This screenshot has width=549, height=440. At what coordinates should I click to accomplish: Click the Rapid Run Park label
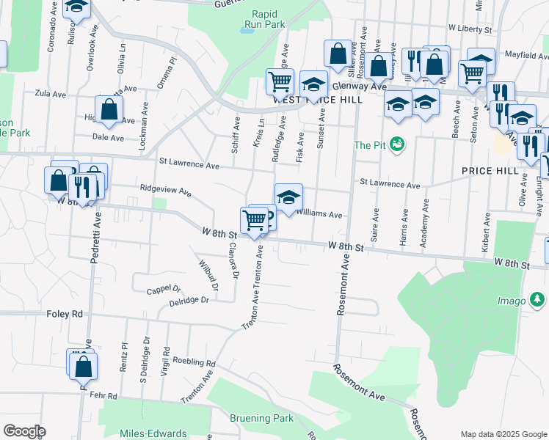268,19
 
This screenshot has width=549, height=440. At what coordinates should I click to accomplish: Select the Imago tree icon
538,300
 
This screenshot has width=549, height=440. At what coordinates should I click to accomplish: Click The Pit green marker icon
397,144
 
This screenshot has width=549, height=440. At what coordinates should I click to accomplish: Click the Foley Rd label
66,314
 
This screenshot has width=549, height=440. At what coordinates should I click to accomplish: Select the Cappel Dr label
163,289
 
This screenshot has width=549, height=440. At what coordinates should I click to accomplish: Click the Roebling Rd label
194,362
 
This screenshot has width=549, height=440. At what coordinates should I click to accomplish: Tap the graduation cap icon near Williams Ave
288,197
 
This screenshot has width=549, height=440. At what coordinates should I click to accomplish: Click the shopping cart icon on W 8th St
254,219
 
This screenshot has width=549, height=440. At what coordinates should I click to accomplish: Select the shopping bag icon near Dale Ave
109,109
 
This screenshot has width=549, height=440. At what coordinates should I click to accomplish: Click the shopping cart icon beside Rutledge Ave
280,81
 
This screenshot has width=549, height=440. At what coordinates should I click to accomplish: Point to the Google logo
24,431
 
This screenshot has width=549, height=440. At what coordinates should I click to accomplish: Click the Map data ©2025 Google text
503,434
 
